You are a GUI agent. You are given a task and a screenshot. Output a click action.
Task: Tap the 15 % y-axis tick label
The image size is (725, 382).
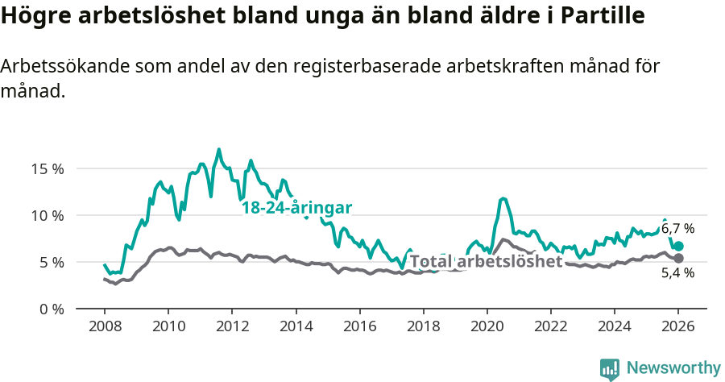point(48,169)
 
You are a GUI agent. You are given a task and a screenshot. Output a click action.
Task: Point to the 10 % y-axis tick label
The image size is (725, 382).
point(48,216)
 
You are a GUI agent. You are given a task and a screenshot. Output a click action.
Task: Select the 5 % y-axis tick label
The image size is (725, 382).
point(51,263)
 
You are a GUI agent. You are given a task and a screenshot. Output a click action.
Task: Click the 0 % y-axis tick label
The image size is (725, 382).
point(51,309)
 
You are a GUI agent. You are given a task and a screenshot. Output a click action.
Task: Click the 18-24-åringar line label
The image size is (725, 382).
point(297,208)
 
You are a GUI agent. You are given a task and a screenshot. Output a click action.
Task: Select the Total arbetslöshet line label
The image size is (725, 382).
point(486,261)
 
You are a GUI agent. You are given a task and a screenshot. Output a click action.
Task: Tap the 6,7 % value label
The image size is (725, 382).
point(677,229)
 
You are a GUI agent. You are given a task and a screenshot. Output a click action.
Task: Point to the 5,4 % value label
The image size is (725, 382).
point(677,273)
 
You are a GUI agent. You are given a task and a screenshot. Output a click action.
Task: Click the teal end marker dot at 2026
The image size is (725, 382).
point(678,247)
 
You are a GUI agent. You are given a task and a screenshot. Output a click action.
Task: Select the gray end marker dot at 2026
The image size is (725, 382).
point(678,258)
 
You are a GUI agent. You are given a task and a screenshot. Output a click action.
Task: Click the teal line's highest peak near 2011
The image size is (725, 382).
point(218,149)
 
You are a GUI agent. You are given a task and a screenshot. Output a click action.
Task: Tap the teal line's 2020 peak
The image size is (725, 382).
point(503,197)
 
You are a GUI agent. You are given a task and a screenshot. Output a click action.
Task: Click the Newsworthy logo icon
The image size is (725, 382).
point(610,369)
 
